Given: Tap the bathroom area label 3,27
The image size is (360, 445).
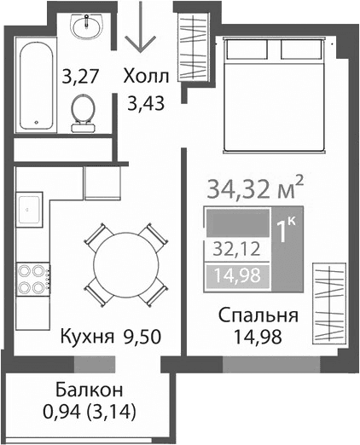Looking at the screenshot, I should click(81, 78).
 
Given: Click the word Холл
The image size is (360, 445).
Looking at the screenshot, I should click(147, 76).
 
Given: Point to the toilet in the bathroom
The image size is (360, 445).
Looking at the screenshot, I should click(84, 112).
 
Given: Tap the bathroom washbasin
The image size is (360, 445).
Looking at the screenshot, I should click(86, 29).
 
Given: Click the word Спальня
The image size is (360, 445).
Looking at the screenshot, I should click(258, 316).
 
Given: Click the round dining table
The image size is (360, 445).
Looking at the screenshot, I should click(124, 264).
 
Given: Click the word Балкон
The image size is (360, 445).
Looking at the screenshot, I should click(90, 390).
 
